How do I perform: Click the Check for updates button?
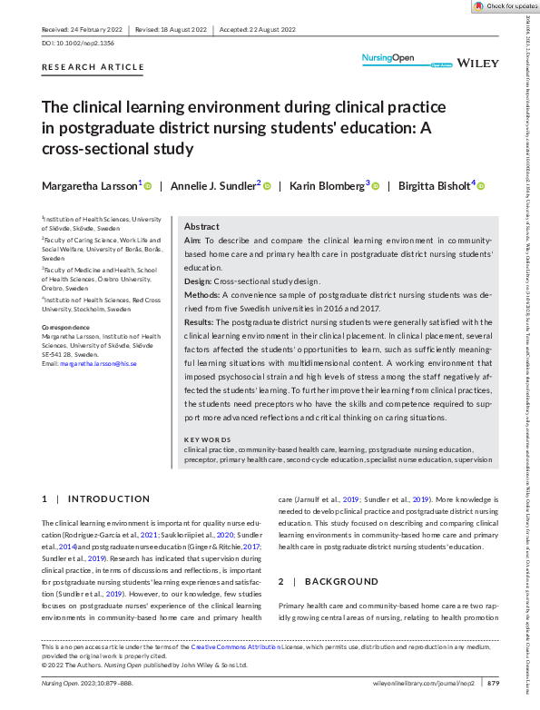505,6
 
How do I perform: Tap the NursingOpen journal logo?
388,59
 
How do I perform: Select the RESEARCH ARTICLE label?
93,67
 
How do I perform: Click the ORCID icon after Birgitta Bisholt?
481,186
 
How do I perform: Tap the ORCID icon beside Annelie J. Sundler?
267,186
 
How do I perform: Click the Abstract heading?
201,227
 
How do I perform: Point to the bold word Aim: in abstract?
192,242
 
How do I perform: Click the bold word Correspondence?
69,327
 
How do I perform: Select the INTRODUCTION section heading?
110,498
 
